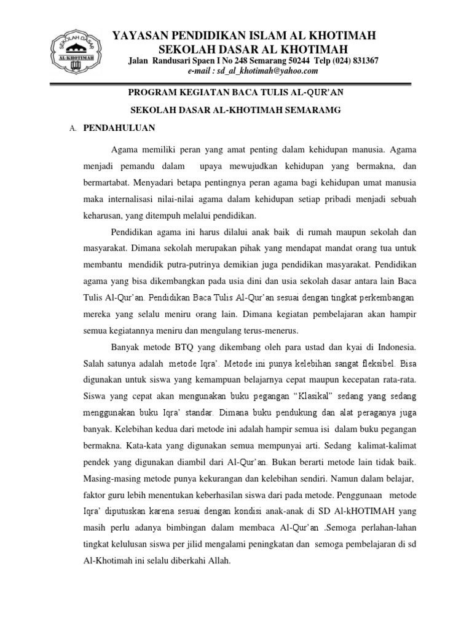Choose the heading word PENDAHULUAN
(118, 128)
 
